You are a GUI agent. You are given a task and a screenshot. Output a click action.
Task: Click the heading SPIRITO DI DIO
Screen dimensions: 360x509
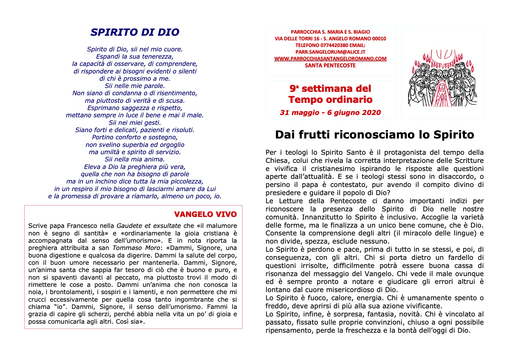click(x=135, y=32)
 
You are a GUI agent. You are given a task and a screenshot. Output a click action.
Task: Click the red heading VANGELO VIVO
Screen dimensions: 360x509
click(x=205, y=214)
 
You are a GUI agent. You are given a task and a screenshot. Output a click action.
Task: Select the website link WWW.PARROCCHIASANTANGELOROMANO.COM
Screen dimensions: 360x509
click(x=330, y=59)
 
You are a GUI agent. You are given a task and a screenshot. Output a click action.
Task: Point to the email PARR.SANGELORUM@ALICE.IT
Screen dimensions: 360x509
click(x=330, y=52)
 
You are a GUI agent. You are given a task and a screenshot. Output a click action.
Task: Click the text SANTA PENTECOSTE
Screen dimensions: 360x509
click(x=330, y=66)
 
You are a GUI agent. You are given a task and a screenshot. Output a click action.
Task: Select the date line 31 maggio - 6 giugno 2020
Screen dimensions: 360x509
click(x=330, y=113)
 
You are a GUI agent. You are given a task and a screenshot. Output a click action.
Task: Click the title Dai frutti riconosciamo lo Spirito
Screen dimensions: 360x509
click(x=375, y=135)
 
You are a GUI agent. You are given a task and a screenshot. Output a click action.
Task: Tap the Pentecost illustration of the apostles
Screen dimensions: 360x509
click(x=443, y=78)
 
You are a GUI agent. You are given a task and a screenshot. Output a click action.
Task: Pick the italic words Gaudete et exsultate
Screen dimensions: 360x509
click(x=149, y=226)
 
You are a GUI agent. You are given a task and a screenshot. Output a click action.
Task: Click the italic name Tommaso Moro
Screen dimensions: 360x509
click(x=136, y=248)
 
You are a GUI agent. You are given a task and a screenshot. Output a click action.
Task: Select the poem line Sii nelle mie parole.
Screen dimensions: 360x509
click(x=135, y=86)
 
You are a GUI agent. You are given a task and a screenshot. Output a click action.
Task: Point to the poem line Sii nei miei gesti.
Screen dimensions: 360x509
click(x=135, y=123)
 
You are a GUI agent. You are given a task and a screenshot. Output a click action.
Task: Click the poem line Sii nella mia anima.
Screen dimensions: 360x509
click(x=135, y=159)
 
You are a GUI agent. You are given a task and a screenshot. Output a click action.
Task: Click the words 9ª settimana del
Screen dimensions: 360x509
click(x=330, y=89)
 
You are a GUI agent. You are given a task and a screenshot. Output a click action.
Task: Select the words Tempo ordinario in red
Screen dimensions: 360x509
click(x=330, y=100)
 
